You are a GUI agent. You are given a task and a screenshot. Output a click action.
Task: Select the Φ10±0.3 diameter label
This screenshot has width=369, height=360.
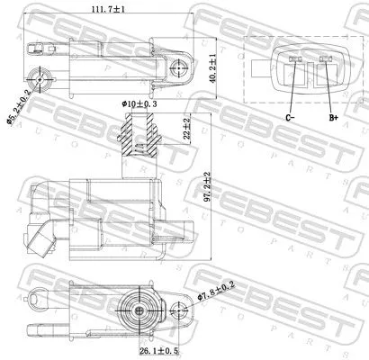tap(140, 104)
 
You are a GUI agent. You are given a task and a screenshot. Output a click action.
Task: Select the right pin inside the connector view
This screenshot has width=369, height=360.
tap(325, 62)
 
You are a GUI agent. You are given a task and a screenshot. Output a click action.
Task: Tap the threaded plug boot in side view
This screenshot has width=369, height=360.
tap(138, 140)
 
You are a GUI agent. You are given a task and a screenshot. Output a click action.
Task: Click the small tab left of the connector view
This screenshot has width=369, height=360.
tap(257, 64)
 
